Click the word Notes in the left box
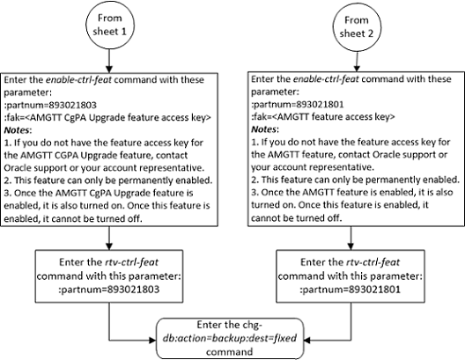click(x=31, y=136)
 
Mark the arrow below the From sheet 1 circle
click(x=107, y=73)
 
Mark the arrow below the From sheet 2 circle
click(x=357, y=73)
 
